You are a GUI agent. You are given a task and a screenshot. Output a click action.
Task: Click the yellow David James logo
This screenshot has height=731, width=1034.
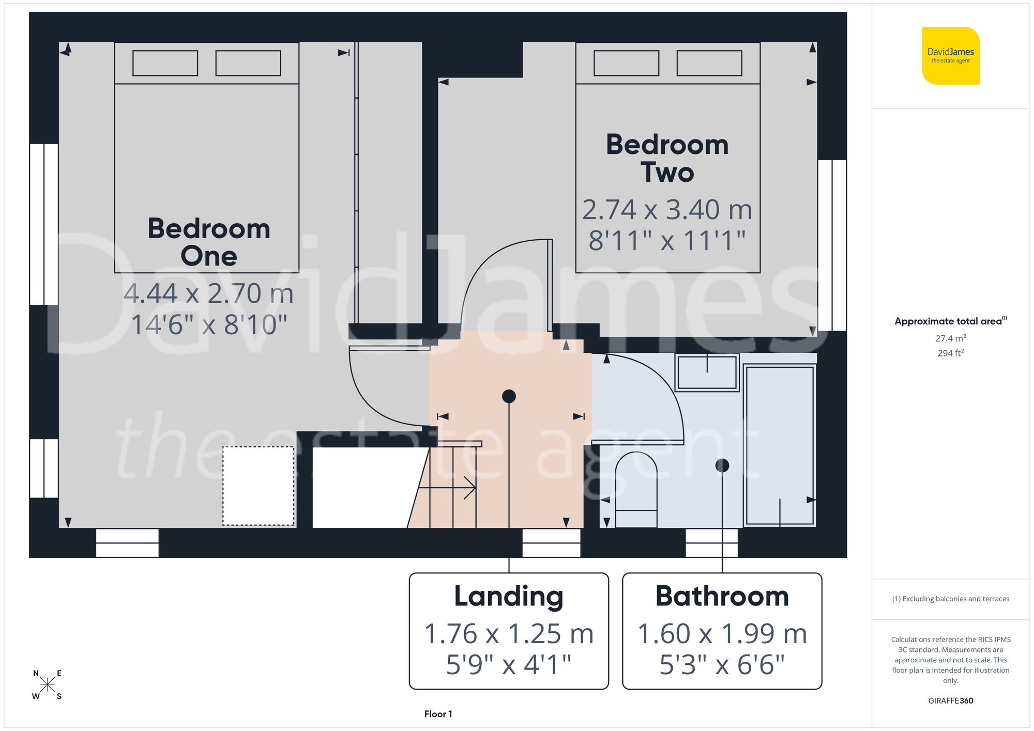click(950, 56)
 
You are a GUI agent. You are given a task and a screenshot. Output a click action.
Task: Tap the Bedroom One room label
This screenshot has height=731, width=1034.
click(209, 242)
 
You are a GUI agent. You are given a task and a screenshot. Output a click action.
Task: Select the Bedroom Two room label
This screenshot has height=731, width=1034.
click(667, 158)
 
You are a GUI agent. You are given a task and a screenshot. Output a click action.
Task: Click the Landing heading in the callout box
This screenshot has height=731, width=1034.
click(509, 596)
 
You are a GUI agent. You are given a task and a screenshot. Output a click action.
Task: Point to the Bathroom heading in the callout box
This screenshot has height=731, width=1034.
click(722, 596)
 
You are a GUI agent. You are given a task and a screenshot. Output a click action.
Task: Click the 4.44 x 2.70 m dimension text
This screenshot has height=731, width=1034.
click(209, 293)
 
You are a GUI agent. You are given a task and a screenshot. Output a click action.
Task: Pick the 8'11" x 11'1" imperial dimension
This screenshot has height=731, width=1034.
click(667, 241)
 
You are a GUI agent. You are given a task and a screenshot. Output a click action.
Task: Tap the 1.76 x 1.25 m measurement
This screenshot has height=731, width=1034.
click(509, 634)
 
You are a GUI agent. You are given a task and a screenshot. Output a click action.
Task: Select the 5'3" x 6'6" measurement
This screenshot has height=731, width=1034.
click(722, 664)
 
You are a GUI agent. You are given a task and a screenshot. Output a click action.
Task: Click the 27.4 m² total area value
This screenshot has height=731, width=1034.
click(950, 338)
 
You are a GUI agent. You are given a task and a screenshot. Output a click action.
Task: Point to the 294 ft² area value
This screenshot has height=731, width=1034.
click(950, 353)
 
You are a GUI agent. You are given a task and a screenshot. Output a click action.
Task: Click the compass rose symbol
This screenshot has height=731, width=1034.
click(47, 685)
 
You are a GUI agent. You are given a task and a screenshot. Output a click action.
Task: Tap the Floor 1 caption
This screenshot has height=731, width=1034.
click(438, 714)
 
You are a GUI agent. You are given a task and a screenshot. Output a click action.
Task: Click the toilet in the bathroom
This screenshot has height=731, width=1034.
click(636, 488)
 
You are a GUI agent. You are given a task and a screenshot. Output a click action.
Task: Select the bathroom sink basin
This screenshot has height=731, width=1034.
click(707, 372)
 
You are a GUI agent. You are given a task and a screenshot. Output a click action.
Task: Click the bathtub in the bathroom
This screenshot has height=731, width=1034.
click(780, 445)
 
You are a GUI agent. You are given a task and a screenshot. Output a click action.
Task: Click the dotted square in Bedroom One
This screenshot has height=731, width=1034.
click(258, 486)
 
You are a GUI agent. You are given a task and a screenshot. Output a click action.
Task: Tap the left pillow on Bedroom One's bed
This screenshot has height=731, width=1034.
click(165, 63)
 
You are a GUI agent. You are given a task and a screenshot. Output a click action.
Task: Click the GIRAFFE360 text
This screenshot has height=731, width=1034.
click(950, 701)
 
